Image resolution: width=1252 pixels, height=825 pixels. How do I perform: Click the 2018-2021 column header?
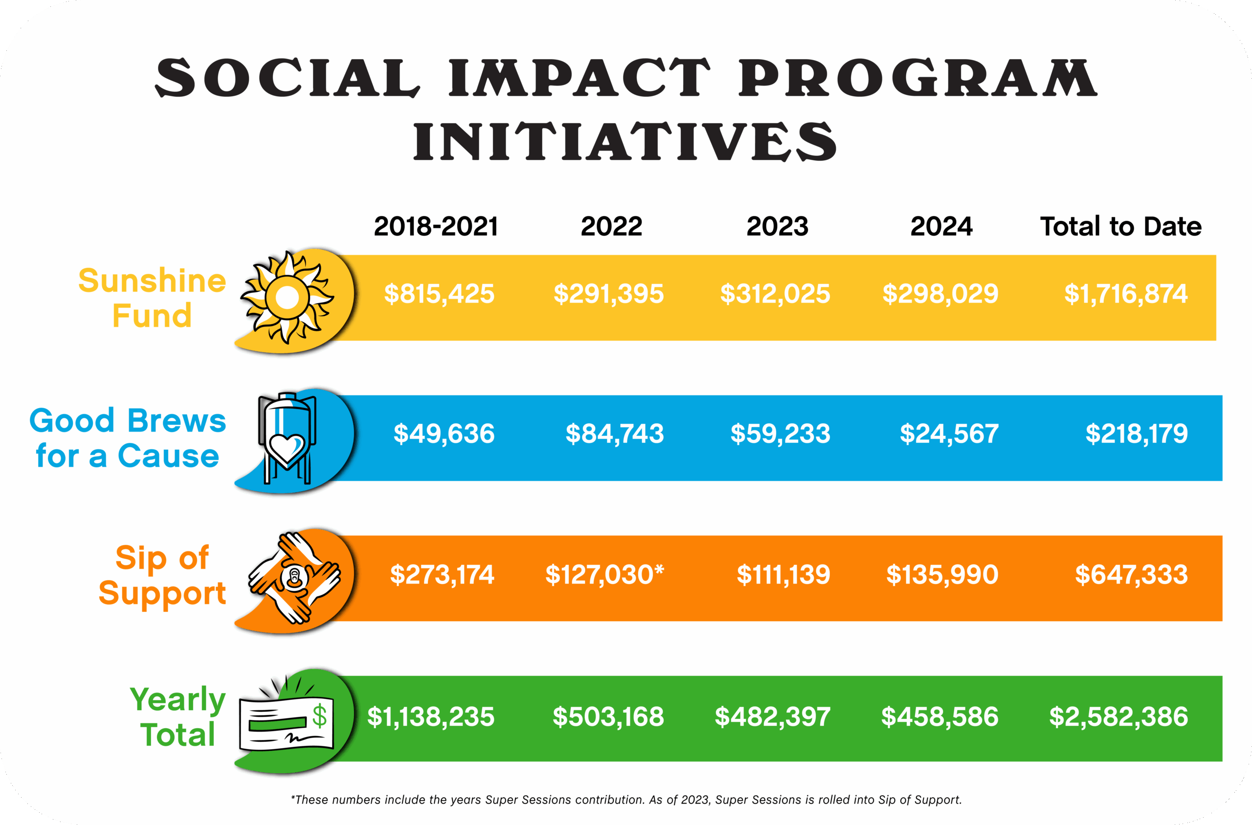(436, 226)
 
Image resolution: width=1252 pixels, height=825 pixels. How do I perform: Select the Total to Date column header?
(1120, 226)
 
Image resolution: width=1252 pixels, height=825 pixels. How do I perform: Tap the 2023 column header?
(777, 226)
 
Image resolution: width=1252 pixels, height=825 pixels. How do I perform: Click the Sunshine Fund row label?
(152, 297)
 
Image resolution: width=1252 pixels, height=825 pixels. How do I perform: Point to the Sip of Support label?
(162, 575)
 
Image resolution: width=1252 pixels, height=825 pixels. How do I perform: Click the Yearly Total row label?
(178, 716)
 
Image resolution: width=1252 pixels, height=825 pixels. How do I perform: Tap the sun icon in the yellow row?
(288, 297)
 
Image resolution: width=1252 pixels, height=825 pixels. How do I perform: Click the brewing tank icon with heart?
(287, 438)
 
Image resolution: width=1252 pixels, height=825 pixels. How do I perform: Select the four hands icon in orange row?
(294, 578)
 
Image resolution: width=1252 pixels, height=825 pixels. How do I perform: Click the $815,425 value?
(439, 294)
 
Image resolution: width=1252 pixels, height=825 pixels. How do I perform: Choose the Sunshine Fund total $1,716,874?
(1126, 294)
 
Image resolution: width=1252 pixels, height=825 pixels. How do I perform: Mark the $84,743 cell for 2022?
(614, 434)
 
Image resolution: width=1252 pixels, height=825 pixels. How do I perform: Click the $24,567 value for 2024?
(949, 434)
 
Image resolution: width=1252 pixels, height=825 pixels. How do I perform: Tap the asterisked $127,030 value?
(604, 574)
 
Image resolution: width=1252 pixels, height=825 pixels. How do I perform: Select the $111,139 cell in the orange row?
(783, 574)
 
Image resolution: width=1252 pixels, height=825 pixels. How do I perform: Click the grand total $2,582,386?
(1118, 716)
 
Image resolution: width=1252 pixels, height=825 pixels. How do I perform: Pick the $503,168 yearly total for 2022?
(608, 716)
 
